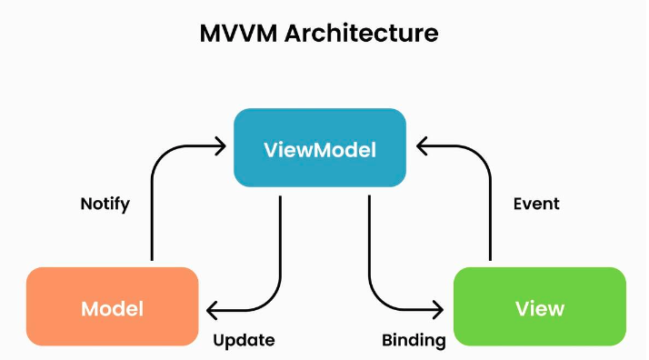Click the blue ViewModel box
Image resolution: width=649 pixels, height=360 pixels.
point(320,147)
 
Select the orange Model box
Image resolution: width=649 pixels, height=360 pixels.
point(112,306)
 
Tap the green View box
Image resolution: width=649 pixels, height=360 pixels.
point(540,306)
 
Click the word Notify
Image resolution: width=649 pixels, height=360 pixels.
point(105,204)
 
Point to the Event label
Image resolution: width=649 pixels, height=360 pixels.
point(536,204)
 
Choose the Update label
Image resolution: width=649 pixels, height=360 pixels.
point(244,341)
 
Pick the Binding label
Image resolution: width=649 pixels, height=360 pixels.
point(414,341)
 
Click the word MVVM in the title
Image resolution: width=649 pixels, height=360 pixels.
point(238,33)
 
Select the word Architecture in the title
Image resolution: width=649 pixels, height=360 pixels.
point(362,33)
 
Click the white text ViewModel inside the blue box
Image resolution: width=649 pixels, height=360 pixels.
point(320,150)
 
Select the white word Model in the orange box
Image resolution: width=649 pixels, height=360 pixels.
point(112,309)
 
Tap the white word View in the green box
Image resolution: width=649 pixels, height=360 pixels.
point(540,309)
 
